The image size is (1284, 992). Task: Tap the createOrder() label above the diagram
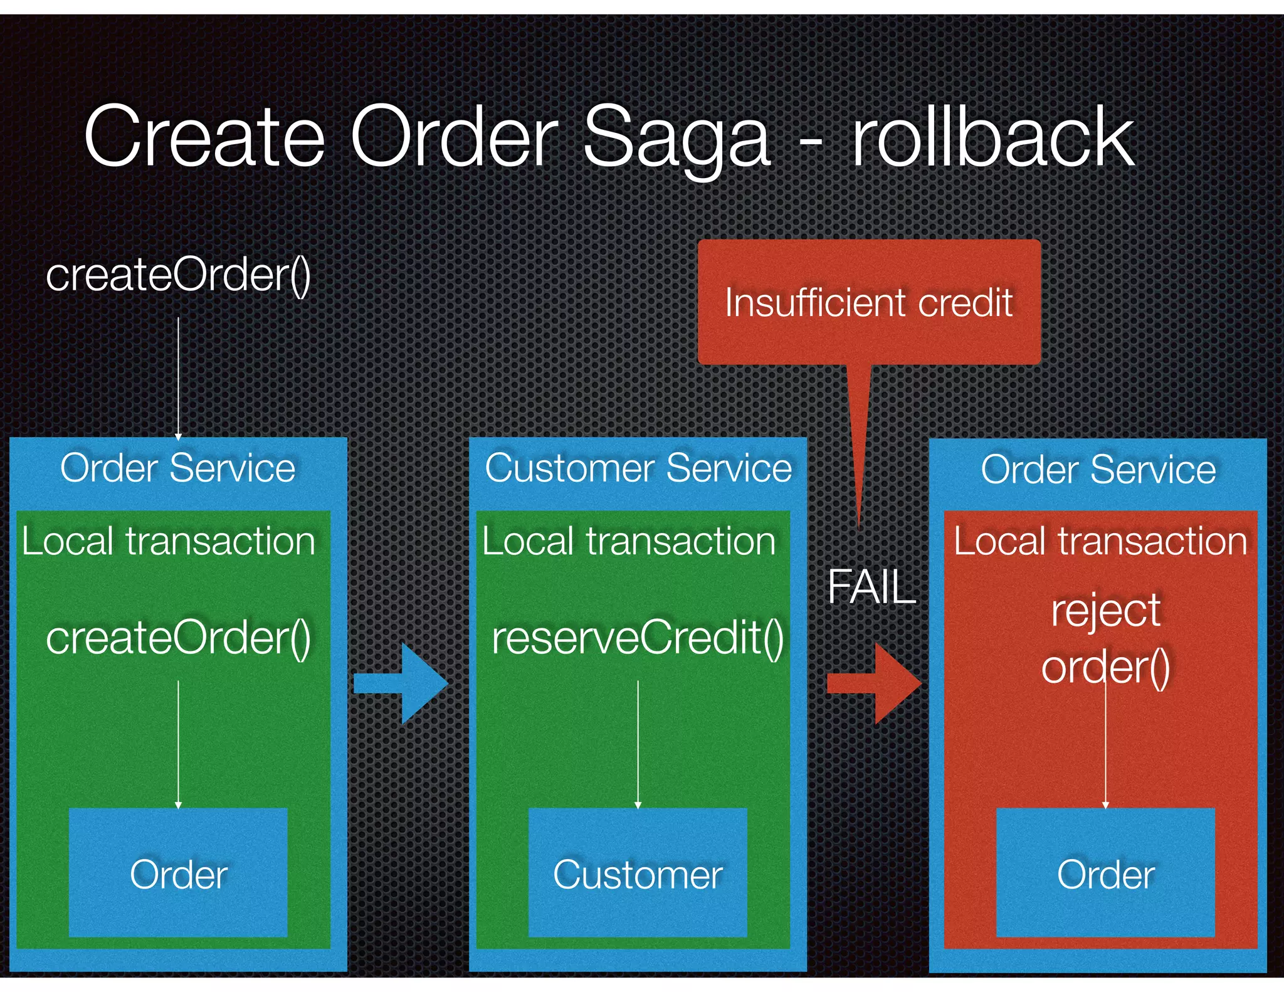pyautogui.click(x=178, y=275)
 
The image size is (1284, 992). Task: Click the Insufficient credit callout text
pyautogui.click(x=868, y=303)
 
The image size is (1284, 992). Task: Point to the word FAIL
pyautogui.click(x=871, y=588)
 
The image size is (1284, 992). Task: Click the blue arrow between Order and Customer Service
pyautogui.click(x=401, y=683)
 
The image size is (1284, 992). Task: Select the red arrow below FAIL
pyautogui.click(x=874, y=683)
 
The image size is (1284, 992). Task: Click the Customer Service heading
pyautogui.click(x=638, y=468)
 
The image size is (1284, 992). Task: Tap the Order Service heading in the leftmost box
pyautogui.click(x=178, y=468)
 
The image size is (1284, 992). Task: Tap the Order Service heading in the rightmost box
pyautogui.click(x=1098, y=470)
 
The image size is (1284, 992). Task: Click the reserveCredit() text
pyautogui.click(x=638, y=638)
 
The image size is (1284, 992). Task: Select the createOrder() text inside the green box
pyautogui.click(x=178, y=638)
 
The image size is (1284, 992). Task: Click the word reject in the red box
pyautogui.click(x=1105, y=611)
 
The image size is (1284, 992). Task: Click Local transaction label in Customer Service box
pyautogui.click(x=629, y=541)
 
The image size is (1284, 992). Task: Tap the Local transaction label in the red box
pyautogui.click(x=1100, y=541)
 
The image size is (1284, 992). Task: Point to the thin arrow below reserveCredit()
pyautogui.click(x=638, y=743)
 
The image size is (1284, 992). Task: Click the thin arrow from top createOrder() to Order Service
pyautogui.click(x=178, y=376)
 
